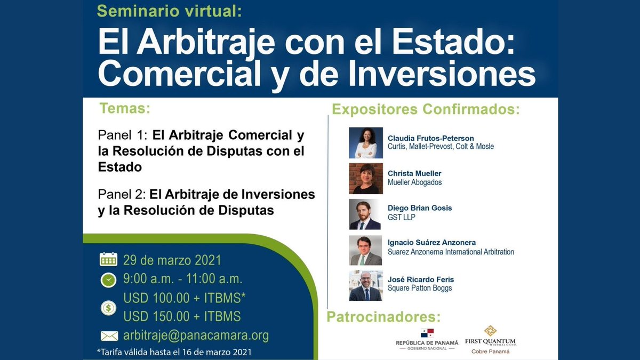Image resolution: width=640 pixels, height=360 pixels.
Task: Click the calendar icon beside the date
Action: click(108, 260)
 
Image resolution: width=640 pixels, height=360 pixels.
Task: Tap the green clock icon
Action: click(108, 279)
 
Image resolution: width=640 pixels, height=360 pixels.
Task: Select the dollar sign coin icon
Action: click(108, 307)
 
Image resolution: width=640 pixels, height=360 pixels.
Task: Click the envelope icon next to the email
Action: click(109, 336)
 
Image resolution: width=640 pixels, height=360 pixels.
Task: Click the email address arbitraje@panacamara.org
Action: click(196, 336)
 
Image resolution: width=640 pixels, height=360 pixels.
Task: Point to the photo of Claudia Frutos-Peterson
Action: click(366, 143)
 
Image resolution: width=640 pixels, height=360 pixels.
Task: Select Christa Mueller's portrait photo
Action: click(366, 178)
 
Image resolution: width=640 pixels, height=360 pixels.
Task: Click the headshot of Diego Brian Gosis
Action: click(366, 214)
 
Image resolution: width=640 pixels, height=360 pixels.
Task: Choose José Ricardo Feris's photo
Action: click(366, 286)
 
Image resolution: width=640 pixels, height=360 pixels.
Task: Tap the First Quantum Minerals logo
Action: click(490, 339)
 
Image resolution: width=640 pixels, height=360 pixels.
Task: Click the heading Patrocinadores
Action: click(383, 317)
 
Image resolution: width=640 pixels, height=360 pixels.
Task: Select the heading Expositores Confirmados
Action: click(426, 110)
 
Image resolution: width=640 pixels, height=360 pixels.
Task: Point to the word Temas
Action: click(125, 108)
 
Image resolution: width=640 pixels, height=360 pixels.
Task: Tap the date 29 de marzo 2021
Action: click(172, 261)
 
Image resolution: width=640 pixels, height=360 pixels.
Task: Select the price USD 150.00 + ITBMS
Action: click(182, 316)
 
